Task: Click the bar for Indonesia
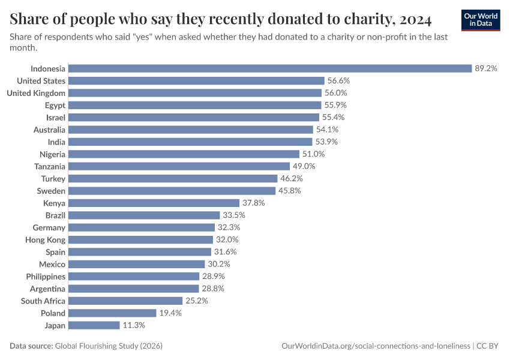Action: [x=270, y=68]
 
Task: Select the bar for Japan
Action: [x=94, y=325]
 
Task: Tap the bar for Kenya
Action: [x=154, y=203]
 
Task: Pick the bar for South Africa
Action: [x=125, y=301]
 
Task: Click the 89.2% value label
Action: [x=486, y=68]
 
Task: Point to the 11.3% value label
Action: [x=134, y=325]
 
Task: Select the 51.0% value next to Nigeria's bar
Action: [x=314, y=154]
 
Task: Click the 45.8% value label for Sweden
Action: [x=289, y=191]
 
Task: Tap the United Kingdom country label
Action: [x=36, y=93]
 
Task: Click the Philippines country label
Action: [x=46, y=277]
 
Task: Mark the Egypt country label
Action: [x=55, y=105]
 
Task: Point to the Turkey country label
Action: [x=53, y=179]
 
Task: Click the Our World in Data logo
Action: [x=481, y=20]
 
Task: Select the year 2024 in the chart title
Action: [x=415, y=20]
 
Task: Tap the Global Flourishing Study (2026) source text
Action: [x=109, y=346]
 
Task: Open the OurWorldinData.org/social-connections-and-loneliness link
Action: [x=376, y=346]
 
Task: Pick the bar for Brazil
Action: [x=144, y=215]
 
